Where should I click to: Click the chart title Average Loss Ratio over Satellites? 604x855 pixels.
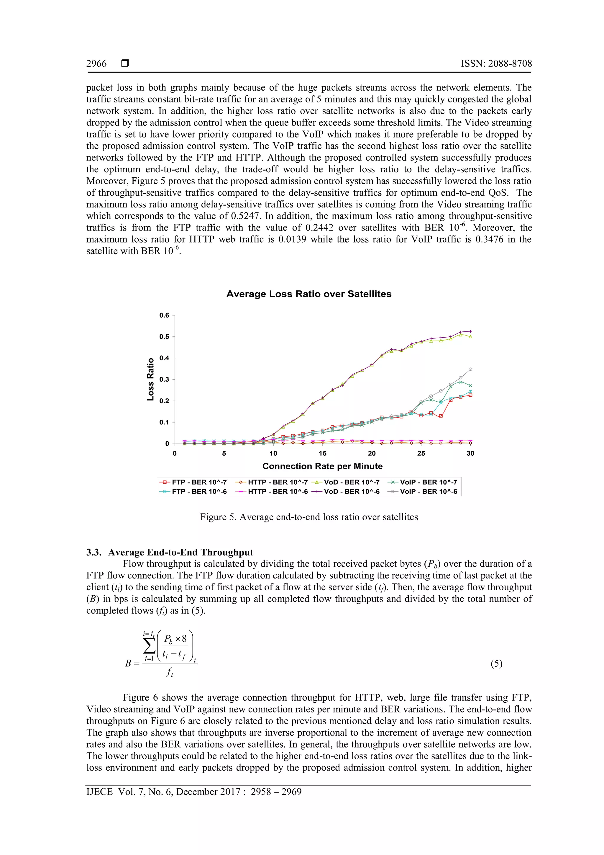pos(308,294)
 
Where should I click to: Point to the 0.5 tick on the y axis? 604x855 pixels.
pos(164,337)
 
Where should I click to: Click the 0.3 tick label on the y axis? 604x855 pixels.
pos(164,380)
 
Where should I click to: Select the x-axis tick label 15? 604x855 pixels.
pos(322,453)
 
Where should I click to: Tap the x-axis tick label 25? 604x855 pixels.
pos(421,453)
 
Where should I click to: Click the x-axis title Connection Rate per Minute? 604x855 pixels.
pos(322,466)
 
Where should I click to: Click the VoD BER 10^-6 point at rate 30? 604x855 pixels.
pos(470,331)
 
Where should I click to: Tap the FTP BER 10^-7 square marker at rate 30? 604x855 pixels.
pos(470,395)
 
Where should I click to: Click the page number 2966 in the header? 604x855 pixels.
pos(96,64)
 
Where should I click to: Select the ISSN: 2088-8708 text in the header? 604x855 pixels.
pos(496,64)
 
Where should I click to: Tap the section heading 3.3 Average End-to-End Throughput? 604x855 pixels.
pos(170,552)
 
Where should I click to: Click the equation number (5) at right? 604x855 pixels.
pos(496,663)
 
